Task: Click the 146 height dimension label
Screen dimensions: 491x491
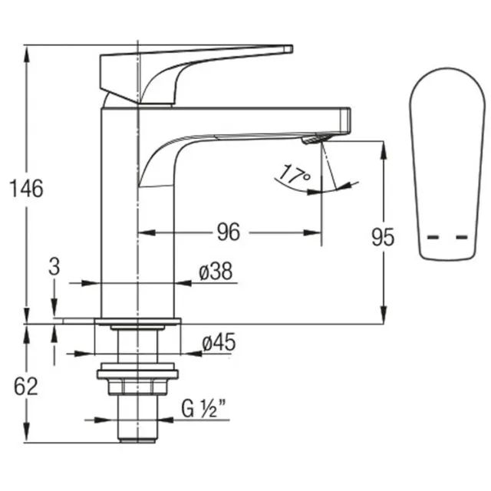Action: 27,189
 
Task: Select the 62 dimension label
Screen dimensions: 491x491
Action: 25,387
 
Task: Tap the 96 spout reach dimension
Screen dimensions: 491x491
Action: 229,232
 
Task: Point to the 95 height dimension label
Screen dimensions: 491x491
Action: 383,237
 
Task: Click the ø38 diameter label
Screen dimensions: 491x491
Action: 216,271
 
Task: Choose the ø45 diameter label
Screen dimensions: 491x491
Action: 219,342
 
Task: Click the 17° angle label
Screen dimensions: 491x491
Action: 294,174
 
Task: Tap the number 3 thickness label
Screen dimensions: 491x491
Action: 54,267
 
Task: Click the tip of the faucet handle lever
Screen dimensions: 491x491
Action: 292,49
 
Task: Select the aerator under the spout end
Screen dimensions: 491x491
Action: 314,139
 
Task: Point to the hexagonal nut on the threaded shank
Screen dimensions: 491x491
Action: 137,387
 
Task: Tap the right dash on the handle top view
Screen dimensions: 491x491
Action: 462,237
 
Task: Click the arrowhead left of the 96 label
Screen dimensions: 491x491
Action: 147,232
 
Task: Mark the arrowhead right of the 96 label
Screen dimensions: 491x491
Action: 312,232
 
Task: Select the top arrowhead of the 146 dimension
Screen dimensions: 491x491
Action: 27,54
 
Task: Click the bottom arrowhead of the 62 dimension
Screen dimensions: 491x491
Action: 27,433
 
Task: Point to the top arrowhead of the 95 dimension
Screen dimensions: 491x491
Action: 384,150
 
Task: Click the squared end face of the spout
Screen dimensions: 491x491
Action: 345,121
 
